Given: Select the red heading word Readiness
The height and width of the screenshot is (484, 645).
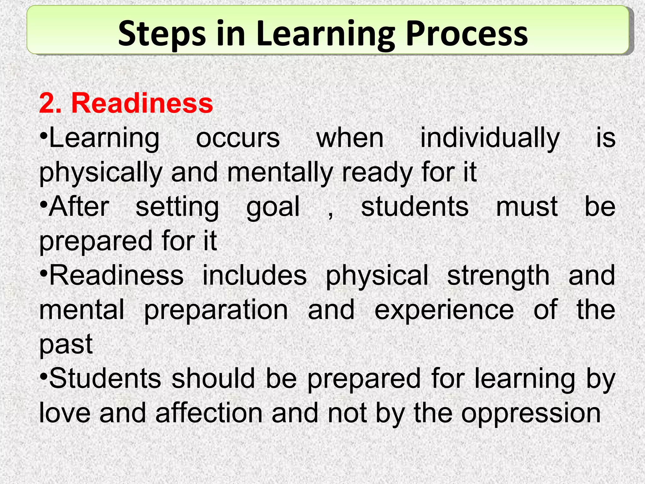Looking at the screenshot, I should coord(142,103).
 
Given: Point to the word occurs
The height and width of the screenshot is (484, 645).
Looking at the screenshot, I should coord(238,138).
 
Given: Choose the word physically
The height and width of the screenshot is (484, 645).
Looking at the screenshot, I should coord(100,173).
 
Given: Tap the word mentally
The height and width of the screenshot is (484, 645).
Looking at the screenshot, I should coord(280,173).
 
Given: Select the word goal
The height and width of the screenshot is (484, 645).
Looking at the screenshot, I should coord(273,207).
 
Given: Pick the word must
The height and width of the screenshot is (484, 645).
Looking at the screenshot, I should coord(527,207).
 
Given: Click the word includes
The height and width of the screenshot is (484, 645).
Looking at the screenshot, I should coord(254,275).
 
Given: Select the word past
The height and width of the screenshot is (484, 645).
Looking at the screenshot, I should coord(66,344).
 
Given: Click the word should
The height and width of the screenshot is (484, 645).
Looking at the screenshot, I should coord(213,378).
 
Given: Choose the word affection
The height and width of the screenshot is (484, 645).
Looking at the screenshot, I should coord(209,413).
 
